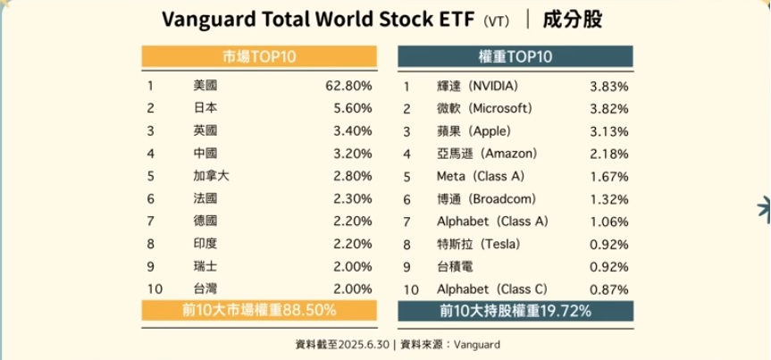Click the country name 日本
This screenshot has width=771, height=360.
coord(205,108)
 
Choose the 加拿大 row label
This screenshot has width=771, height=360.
coord(211,176)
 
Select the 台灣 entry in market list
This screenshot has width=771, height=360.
coord(205,289)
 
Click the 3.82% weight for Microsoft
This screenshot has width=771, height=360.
coord(609,108)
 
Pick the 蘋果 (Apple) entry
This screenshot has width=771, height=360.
coord(468,130)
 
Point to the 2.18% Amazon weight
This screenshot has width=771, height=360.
coord(609,154)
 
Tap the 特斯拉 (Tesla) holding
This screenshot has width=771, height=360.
coord(473,244)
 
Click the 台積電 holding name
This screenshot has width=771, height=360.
coord(455,266)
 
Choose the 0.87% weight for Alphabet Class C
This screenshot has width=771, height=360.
coord(609,289)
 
